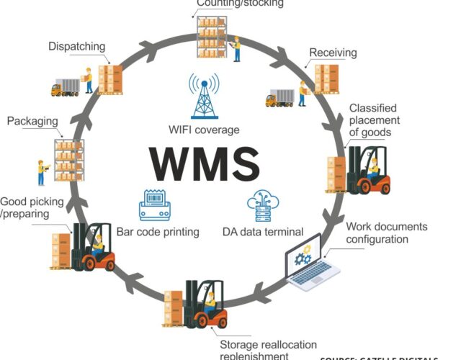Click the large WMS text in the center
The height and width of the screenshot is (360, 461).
pos(205,163)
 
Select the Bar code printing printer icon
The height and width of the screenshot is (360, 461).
pos(154,204)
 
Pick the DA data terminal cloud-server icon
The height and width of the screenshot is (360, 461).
pos(261,205)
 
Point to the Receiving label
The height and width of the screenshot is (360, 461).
pos(334,53)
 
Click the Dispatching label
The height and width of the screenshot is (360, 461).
pos(76,46)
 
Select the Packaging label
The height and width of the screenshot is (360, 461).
pos(32,120)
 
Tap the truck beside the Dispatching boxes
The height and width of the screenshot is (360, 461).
pos(65,87)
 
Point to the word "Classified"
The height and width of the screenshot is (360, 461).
pos(373,108)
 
